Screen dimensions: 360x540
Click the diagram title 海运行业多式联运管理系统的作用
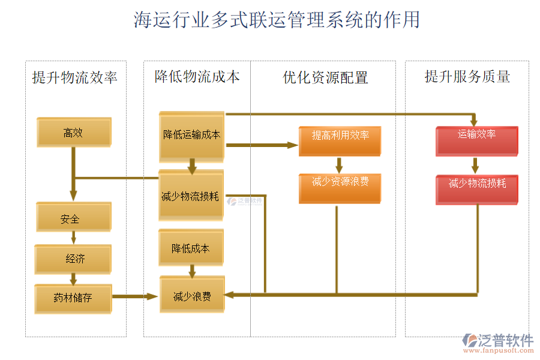tap(277, 20)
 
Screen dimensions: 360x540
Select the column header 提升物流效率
tap(75, 77)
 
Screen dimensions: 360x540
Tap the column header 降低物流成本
tap(197, 77)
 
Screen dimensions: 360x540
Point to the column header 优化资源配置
tap(325, 77)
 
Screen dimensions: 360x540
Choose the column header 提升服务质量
tap(467, 76)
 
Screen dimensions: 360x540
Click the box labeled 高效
tap(74, 133)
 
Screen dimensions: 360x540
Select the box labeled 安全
tap(73, 218)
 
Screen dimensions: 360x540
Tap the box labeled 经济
tap(73, 259)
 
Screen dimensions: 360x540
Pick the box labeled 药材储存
tap(73, 298)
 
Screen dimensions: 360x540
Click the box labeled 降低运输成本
tap(191, 136)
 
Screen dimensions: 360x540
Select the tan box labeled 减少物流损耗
tap(191, 196)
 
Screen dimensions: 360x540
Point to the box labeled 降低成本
tap(191, 248)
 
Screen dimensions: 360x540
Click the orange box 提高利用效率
tap(340, 136)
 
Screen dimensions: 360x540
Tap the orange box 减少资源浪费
tap(340, 182)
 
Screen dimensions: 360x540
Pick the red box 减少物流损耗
tap(477, 184)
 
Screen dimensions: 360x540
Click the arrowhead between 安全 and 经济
tap(74, 239)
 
